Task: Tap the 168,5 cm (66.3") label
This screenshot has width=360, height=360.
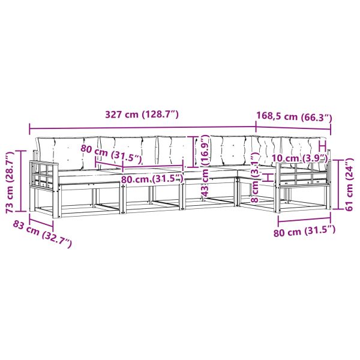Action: pyautogui.click(x=294, y=117)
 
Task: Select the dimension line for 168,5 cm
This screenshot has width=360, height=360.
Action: pyautogui.click(x=294, y=129)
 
